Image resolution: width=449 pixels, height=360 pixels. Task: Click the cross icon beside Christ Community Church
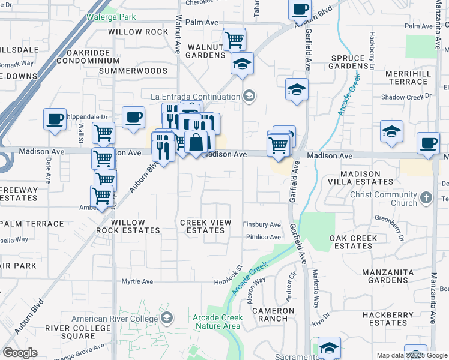tap(426, 197)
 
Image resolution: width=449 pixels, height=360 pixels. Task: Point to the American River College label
tap(115, 319)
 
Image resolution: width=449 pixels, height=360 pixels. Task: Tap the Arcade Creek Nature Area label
tap(217, 322)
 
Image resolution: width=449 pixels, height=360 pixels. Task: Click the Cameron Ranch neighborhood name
tap(273, 315)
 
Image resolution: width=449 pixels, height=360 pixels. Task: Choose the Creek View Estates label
tap(206, 226)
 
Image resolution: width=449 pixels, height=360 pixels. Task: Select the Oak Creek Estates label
tap(354, 242)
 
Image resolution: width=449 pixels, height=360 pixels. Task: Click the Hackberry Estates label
tap(384, 319)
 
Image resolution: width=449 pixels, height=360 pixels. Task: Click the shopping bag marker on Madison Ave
tap(196, 143)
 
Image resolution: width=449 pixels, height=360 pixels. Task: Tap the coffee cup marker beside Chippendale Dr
tap(55, 118)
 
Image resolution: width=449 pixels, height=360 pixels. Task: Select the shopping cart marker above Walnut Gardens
tap(234, 40)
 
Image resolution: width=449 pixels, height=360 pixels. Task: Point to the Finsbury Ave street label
tap(262, 224)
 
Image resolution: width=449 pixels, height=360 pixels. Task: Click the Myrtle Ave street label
tap(137, 281)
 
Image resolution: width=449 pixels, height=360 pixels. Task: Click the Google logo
tap(20, 353)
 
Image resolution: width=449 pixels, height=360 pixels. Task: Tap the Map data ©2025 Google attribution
tap(411, 355)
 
